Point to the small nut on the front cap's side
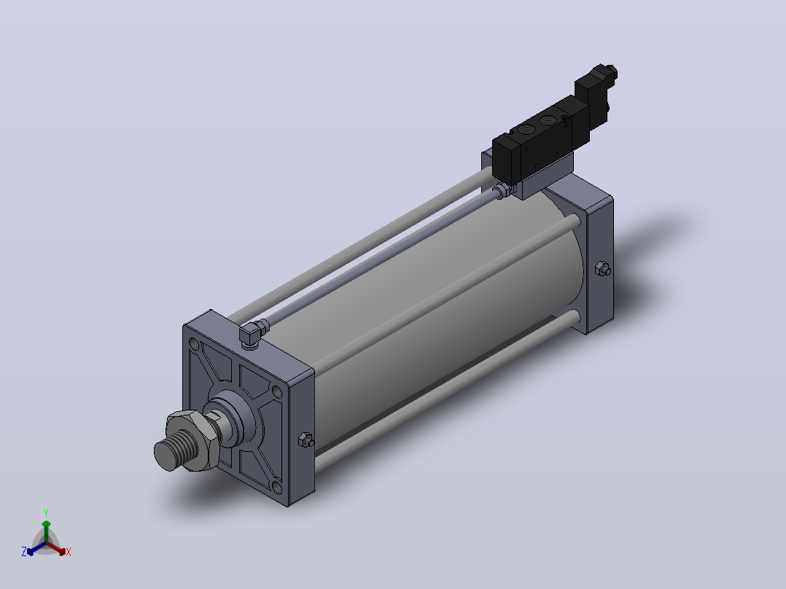(x=306, y=440)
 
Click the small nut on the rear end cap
(x=602, y=269)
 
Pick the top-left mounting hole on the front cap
(x=194, y=344)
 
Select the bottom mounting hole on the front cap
(x=277, y=486)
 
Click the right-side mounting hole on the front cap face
(x=277, y=391)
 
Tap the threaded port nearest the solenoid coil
(x=547, y=121)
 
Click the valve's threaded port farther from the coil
(x=526, y=130)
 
